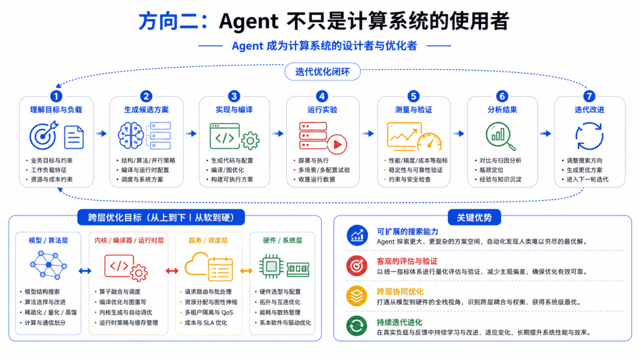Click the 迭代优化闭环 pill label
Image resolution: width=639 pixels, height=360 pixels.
(322, 72)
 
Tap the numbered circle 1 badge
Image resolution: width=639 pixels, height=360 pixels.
(56, 97)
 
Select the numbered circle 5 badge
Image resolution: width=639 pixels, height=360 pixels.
(413, 97)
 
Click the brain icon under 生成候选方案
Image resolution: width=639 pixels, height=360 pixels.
(130, 136)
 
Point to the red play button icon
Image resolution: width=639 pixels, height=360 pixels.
(337, 144)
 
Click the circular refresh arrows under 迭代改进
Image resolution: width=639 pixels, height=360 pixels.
(589, 136)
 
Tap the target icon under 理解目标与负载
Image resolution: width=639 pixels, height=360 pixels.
(43, 136)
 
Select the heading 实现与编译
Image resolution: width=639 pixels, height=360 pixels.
(234, 110)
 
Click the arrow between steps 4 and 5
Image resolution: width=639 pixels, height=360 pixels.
(368, 133)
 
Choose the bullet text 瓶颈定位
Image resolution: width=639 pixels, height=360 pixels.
(491, 170)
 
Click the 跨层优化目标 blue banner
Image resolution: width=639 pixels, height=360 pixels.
(161, 217)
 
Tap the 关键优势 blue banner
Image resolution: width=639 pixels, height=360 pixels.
(474, 217)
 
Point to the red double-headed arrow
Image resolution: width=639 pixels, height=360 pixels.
(172, 271)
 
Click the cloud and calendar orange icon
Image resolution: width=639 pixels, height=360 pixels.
(209, 266)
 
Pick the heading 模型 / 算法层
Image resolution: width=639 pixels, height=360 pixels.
(48, 240)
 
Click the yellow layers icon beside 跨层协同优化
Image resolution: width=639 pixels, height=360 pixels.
(357, 296)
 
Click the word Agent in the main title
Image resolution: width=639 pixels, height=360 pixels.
(248, 21)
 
